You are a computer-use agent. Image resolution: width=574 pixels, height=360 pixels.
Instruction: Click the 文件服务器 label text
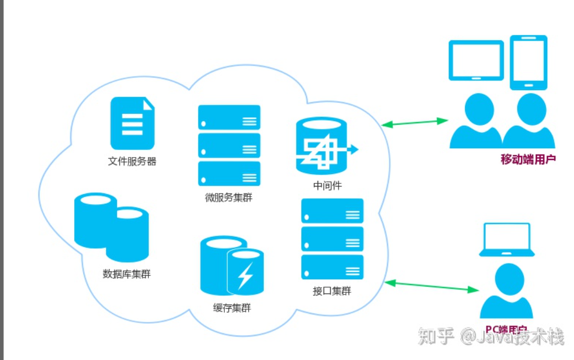tap(132, 161)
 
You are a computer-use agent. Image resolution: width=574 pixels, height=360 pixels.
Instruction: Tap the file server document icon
tap(132, 124)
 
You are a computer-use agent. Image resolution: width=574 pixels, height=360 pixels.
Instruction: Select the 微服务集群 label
tap(229, 198)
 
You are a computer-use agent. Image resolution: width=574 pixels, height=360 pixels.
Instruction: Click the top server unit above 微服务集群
tap(229, 117)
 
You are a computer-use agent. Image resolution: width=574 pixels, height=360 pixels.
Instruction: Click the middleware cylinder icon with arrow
tap(322, 146)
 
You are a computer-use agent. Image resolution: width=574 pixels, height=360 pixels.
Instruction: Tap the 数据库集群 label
tap(127, 274)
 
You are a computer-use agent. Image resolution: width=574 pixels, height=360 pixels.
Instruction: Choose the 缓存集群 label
tap(232, 308)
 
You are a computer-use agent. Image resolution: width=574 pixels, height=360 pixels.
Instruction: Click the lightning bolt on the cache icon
tap(245, 275)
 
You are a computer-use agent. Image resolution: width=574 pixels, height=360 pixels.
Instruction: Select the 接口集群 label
tap(332, 291)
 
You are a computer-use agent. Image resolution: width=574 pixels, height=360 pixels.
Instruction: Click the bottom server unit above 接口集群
tap(332, 267)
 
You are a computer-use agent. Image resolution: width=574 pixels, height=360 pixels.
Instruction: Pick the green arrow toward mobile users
tap(414, 123)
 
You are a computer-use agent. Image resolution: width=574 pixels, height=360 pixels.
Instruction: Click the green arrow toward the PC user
tap(433, 286)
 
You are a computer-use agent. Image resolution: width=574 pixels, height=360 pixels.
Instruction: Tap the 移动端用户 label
tap(528, 159)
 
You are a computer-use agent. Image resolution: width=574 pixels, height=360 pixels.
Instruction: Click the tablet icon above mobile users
tap(476, 60)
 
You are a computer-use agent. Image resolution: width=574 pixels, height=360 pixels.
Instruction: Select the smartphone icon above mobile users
tap(528, 62)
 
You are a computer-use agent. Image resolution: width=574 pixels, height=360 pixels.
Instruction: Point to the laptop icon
tap(506, 240)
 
